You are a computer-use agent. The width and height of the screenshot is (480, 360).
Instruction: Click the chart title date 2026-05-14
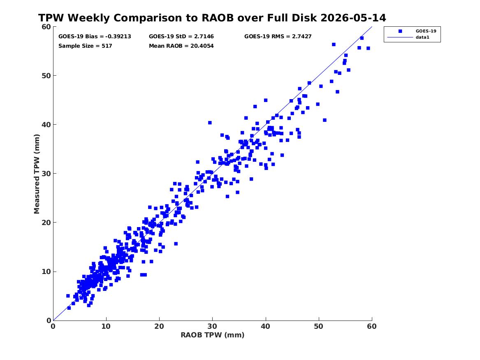click(353, 18)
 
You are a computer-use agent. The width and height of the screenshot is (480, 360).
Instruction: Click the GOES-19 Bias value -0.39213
click(118, 37)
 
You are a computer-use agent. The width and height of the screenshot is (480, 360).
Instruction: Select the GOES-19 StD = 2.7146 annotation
click(181, 37)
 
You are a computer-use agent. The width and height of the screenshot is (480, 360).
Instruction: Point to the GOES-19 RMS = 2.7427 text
click(278, 37)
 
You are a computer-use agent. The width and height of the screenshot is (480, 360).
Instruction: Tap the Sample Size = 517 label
click(85, 46)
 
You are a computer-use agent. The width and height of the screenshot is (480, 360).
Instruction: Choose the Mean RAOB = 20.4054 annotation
click(181, 46)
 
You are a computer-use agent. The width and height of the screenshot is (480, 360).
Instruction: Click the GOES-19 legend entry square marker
click(400, 31)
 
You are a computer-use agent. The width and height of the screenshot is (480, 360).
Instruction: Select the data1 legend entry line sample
click(400, 37)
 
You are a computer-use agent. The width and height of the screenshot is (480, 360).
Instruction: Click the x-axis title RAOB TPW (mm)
click(213, 335)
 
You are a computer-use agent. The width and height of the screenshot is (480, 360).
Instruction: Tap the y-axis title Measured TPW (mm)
click(37, 174)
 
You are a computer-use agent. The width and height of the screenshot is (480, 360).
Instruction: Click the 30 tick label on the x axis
click(213, 326)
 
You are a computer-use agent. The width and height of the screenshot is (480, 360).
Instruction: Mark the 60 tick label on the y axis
click(46, 27)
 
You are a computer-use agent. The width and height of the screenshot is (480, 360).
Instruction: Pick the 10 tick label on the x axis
click(106, 326)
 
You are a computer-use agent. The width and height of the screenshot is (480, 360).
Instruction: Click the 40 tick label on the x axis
click(265, 326)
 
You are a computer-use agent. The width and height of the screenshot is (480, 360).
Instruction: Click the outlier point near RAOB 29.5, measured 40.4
click(210, 123)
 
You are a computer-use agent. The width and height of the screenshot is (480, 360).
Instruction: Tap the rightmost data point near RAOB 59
click(368, 49)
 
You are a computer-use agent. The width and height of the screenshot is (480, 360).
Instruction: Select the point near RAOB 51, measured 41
click(325, 120)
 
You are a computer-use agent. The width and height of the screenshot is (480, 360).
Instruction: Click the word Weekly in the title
click(89, 18)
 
